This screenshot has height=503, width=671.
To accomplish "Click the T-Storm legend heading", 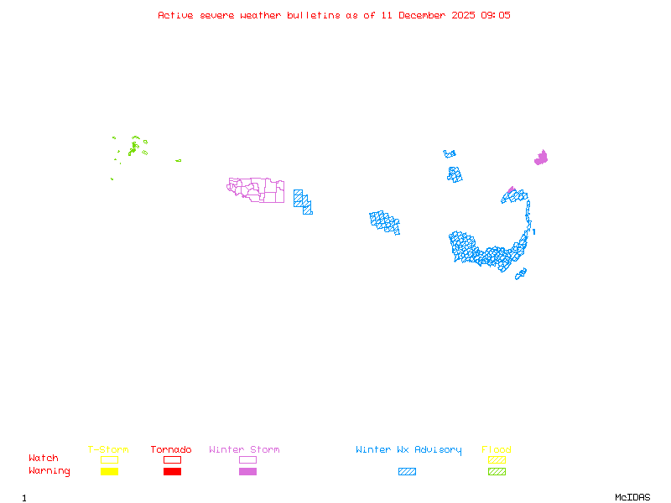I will [108, 449].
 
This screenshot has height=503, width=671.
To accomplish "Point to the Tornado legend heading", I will [171, 449].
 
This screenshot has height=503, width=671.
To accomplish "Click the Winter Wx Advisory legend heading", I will [408, 449].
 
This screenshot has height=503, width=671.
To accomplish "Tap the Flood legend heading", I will [497, 449].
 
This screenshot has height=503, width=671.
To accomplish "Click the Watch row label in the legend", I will [44, 459].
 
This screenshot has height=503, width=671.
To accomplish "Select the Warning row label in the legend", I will [49, 471].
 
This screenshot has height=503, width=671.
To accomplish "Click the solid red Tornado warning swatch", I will [172, 471].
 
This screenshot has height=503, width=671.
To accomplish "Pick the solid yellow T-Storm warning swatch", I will [109, 471].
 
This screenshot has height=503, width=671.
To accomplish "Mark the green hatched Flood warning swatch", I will [497, 471].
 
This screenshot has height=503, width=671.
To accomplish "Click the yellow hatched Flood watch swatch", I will [497, 459].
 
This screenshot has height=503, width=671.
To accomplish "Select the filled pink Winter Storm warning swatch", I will [247, 471].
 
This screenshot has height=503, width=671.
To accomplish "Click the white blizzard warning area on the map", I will [532, 226].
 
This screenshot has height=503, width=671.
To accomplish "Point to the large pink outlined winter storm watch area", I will [256, 189].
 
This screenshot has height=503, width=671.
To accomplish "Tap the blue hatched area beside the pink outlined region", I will [303, 201].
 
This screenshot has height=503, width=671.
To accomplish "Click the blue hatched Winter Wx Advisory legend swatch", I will [407, 471].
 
